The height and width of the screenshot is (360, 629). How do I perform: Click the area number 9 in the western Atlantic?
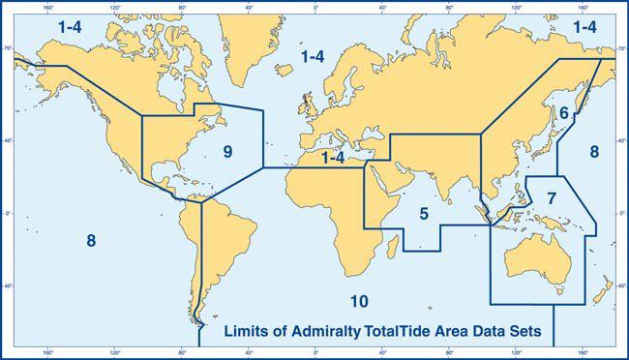tap(227, 152)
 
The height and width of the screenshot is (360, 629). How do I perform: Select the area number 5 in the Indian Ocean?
tap(423, 212)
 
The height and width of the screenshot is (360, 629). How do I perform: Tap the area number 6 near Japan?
tap(562, 113)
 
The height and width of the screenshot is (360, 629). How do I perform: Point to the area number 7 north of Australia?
tap(551, 197)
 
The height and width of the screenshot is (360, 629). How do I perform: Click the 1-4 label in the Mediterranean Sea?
tap(334, 157)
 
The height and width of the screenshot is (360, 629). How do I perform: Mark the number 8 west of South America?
tap(91, 241)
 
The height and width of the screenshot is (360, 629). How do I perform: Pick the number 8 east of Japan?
tap(594, 151)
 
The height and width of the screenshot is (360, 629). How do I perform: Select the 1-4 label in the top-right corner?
tap(584, 28)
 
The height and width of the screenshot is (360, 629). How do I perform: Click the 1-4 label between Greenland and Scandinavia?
tap(312, 58)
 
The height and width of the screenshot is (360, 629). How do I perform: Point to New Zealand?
tap(601, 290)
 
